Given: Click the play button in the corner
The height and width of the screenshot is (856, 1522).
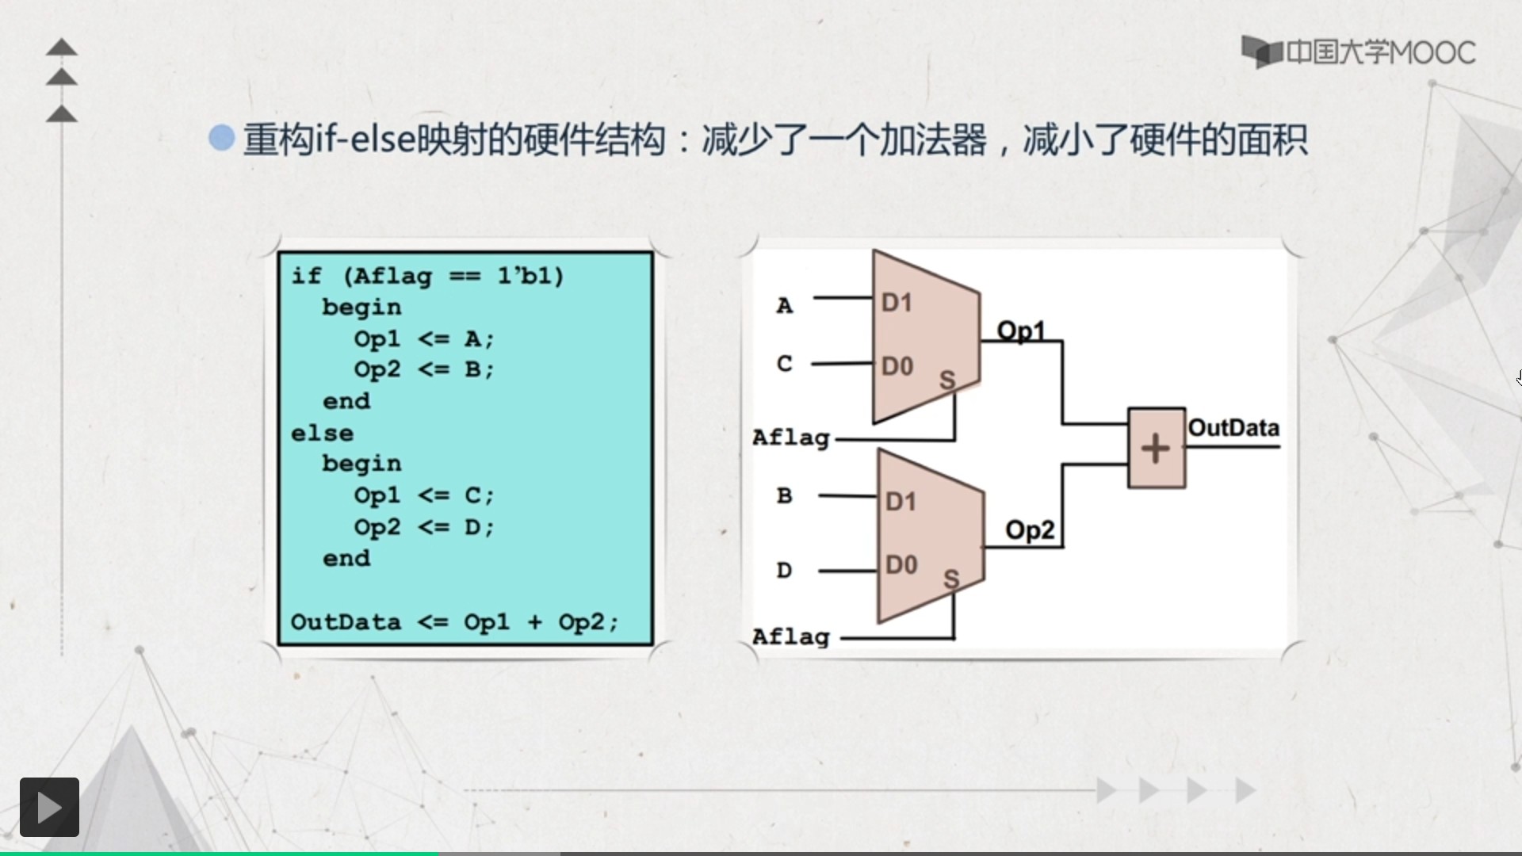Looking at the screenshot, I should click(x=49, y=807).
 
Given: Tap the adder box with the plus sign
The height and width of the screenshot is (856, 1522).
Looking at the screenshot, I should click(x=1156, y=448).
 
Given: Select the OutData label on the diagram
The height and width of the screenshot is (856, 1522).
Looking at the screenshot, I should click(x=1233, y=428).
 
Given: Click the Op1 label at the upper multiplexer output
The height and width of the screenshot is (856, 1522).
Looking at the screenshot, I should click(x=1020, y=331).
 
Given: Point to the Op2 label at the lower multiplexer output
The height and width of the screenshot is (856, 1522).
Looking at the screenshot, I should click(x=1029, y=529).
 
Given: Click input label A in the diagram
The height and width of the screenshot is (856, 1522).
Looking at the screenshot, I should click(x=784, y=305).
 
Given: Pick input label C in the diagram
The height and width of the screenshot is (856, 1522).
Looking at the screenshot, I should click(x=784, y=364).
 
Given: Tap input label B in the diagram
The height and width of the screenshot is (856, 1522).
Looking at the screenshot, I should click(x=784, y=496).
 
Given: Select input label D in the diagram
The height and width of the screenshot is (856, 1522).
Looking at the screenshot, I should click(x=784, y=570).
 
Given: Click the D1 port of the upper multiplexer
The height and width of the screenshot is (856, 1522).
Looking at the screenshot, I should click(x=897, y=302).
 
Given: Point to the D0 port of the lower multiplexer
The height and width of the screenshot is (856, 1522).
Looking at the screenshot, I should click(x=901, y=565).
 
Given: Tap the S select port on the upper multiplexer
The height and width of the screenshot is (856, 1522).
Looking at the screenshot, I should click(x=947, y=380).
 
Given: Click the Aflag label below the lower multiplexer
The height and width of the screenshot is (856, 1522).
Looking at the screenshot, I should click(x=790, y=636).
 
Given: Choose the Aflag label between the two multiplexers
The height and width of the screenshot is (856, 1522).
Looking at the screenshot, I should click(x=790, y=438).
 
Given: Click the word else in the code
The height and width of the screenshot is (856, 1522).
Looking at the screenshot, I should click(x=322, y=434).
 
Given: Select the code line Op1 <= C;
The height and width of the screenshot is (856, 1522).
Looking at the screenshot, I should click(x=423, y=495).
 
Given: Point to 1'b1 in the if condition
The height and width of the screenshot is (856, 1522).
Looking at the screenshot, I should click(x=530, y=276).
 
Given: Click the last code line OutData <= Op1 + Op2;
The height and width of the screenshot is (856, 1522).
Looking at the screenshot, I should click(x=453, y=622).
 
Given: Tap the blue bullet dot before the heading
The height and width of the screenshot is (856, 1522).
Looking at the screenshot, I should click(x=222, y=138).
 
